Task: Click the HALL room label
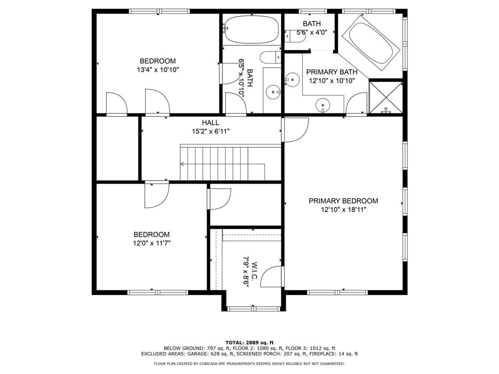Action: click(211, 122)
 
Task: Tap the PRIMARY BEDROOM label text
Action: click(344, 201)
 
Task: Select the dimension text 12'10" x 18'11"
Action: click(344, 209)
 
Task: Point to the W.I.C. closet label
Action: click(254, 271)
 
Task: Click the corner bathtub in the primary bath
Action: click(371, 43)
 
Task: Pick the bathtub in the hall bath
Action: click(251, 29)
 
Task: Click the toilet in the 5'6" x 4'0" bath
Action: click(295, 36)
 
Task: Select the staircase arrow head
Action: click(182, 164)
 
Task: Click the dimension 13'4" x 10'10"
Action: click(158, 70)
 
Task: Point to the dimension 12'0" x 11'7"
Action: click(152, 243)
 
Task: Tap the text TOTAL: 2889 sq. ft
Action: click(249, 342)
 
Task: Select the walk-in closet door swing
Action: click(271, 277)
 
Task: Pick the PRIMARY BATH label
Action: click(332, 72)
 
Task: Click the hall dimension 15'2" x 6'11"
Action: click(211, 131)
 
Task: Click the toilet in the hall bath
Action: click(270, 57)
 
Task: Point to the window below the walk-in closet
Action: click(254, 308)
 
